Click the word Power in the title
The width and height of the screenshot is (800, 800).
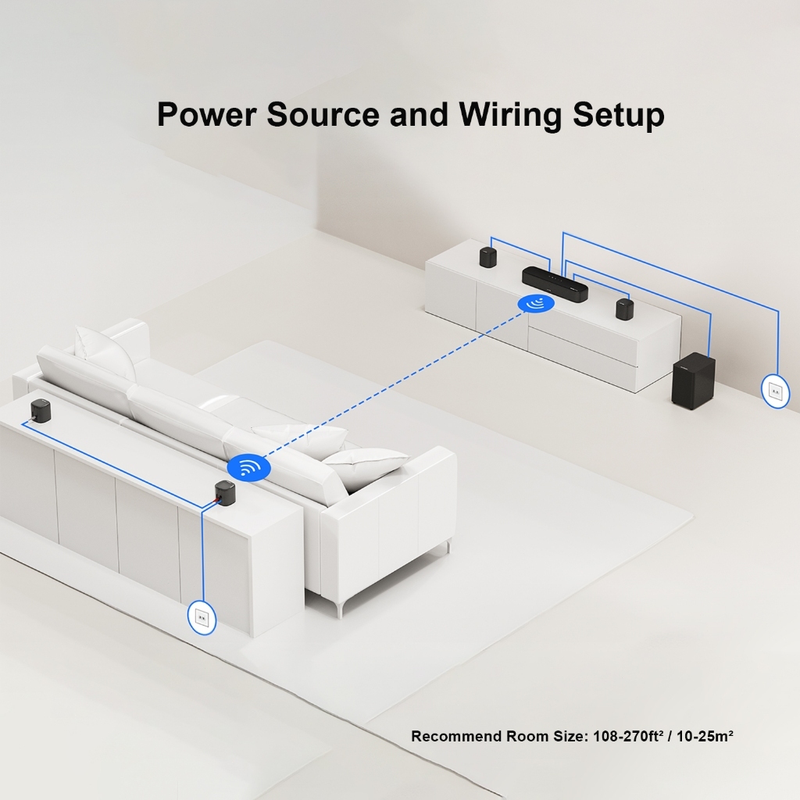(x=206, y=114)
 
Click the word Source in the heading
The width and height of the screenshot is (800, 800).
(x=323, y=114)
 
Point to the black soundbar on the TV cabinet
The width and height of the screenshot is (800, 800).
(x=555, y=284)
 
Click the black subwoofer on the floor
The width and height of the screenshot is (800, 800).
(x=693, y=381)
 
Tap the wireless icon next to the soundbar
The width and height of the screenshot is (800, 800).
(x=536, y=304)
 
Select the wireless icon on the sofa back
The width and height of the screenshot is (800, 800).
(x=248, y=467)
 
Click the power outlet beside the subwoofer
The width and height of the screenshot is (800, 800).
(x=775, y=391)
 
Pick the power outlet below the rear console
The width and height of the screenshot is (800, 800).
(x=202, y=618)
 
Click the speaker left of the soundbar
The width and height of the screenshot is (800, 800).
(x=488, y=257)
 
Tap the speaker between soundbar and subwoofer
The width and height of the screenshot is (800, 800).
(x=624, y=309)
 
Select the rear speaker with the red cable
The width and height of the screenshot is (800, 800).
(x=224, y=491)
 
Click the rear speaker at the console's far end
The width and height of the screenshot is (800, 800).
(x=40, y=409)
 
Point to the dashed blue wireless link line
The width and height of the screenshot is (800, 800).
(x=393, y=385)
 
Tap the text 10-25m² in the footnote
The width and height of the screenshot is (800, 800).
(x=705, y=736)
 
